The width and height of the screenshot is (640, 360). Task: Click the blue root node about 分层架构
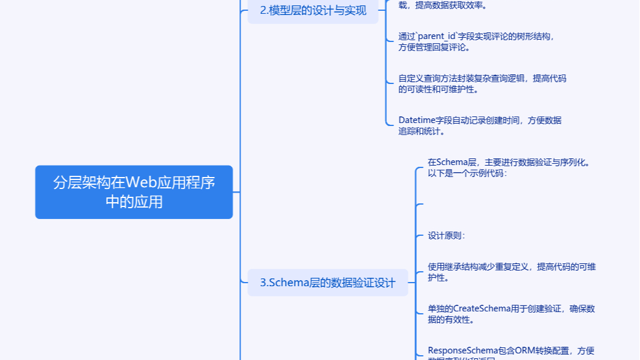(x=134, y=192)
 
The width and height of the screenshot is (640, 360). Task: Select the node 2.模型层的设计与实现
(x=313, y=10)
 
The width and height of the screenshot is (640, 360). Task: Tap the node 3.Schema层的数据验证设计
(x=327, y=283)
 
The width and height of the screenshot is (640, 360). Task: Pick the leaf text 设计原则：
(x=446, y=236)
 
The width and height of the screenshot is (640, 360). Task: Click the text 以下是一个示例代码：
(x=467, y=173)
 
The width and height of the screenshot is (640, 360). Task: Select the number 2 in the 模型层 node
(x=263, y=10)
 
